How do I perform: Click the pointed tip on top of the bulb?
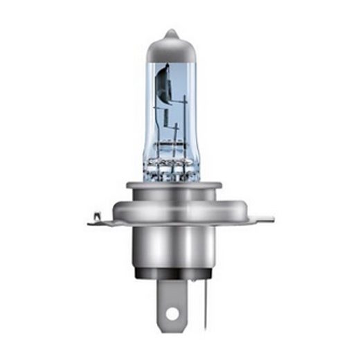[x=171, y=31]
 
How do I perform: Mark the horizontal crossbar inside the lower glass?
[x=173, y=145]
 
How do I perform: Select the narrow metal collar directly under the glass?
[x=173, y=186]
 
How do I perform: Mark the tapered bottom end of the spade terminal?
[x=172, y=328]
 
